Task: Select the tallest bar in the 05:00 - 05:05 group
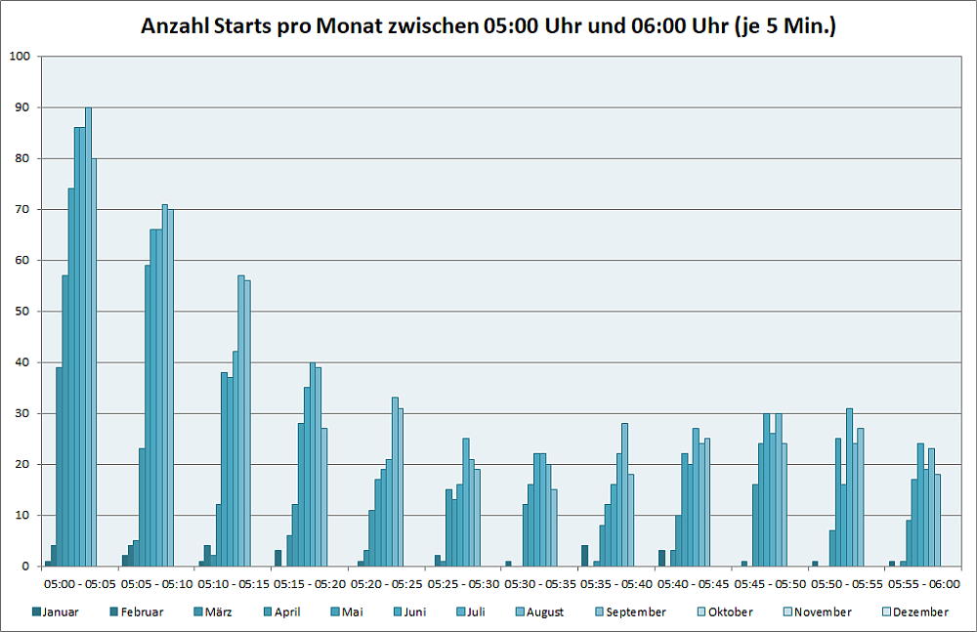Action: [x=88, y=337]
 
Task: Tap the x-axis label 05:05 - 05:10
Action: [x=155, y=583]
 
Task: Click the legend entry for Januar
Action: [x=56, y=612]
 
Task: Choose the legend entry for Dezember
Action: [x=916, y=612]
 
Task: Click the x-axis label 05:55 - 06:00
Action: [x=923, y=583]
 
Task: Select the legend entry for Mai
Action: [x=347, y=612]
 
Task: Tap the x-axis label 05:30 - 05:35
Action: [x=539, y=583]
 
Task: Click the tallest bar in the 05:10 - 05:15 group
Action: [x=241, y=421]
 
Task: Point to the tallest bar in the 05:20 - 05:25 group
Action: [x=395, y=482]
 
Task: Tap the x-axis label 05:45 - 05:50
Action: [x=770, y=583]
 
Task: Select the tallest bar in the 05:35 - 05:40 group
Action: [x=625, y=494]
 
